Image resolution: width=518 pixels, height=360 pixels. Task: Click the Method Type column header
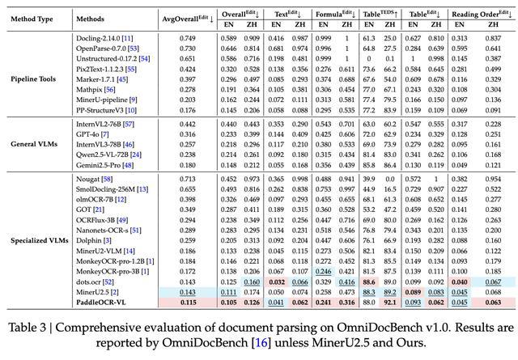[x=38, y=17]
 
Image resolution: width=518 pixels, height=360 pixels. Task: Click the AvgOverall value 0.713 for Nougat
[x=188, y=176]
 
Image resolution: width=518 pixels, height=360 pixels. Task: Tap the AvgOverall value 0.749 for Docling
[x=188, y=38]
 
